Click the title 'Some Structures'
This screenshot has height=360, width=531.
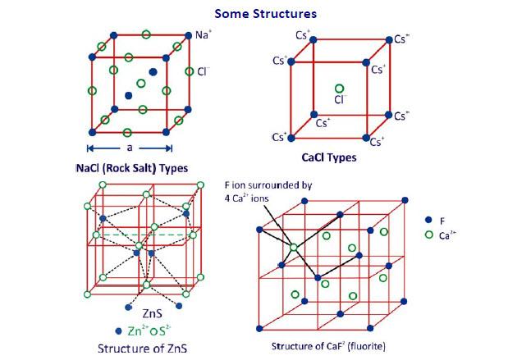coord(266,14)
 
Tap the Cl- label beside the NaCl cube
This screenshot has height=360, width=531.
coord(204,71)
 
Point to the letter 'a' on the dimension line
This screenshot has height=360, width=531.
coord(130,148)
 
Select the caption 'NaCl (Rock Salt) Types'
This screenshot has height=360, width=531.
coord(132,168)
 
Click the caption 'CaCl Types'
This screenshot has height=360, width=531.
coord(329,157)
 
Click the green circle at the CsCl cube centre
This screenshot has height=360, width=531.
coord(339,89)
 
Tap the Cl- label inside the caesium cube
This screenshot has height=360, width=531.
coord(341,99)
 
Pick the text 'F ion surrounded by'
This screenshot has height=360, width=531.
coord(268,185)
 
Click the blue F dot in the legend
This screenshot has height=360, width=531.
coord(428,220)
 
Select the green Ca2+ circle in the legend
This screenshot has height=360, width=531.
coord(428,235)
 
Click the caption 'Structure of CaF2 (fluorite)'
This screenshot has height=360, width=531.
coord(328,346)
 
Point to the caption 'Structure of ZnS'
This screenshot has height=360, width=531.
coord(142,349)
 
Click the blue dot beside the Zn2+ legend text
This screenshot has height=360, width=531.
coord(118,331)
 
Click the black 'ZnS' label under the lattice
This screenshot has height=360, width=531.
coord(152,313)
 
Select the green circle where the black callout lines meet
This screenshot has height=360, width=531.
coord(293,248)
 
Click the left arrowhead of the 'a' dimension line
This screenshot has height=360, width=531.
coord(89,148)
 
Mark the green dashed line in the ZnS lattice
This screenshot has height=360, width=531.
coord(145,235)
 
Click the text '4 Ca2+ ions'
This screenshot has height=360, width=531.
coord(246,198)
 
